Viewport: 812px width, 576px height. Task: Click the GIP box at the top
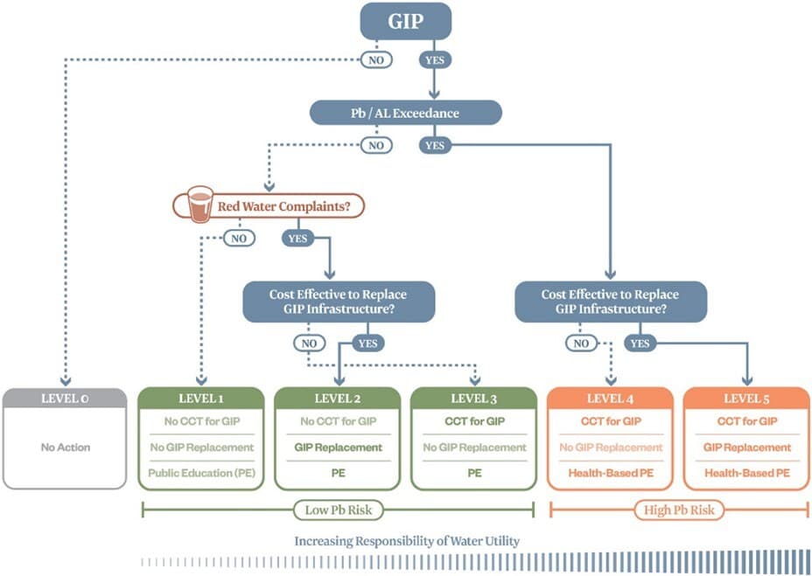point(406,21)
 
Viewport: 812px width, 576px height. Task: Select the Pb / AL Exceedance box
point(406,113)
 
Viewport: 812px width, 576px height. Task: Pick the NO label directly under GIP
point(376,61)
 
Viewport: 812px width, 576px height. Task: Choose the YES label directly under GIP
point(435,61)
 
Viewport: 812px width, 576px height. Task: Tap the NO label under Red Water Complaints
point(239,238)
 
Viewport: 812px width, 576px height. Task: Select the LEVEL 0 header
point(65,399)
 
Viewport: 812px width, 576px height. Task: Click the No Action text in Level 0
point(65,448)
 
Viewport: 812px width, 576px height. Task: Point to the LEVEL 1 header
point(201,399)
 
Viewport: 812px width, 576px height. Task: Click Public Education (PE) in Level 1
point(201,473)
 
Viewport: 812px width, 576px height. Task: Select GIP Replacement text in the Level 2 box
point(338,448)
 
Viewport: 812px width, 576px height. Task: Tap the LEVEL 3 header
point(474,399)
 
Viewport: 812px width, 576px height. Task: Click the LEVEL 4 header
point(610,399)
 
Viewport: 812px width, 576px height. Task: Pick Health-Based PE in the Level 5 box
point(746,473)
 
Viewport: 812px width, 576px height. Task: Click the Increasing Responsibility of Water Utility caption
point(407,541)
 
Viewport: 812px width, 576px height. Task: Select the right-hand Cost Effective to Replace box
point(610,302)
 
